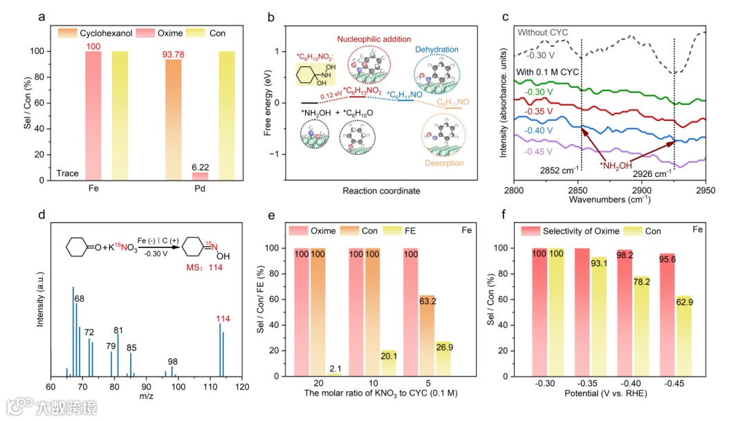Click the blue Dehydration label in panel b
point(437,50)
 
